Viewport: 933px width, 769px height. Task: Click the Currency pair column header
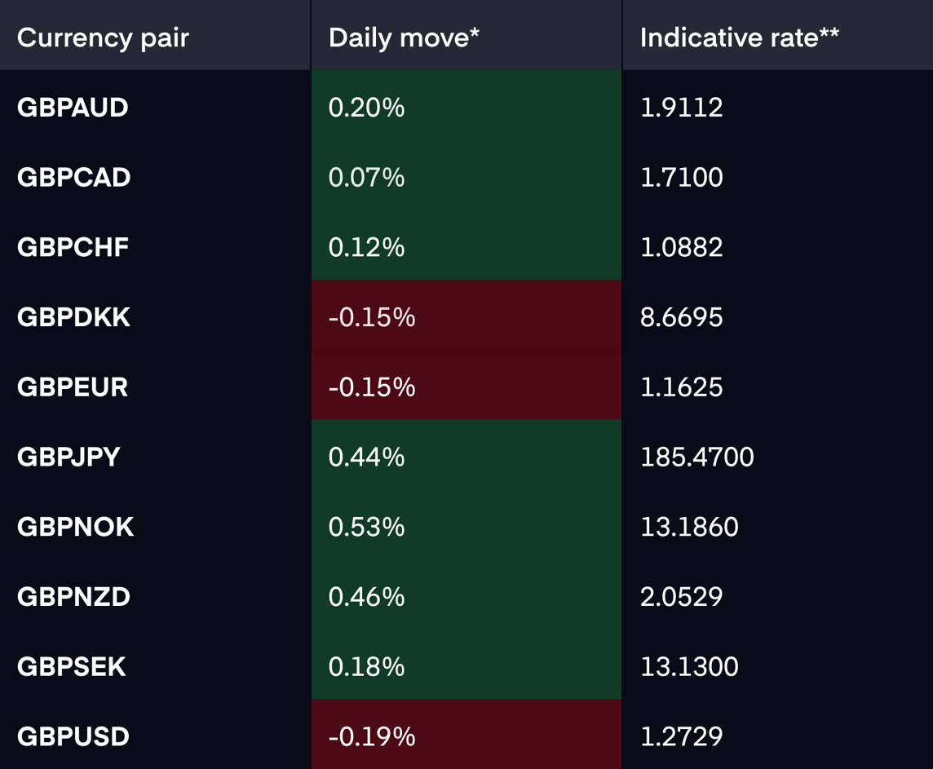click(x=103, y=38)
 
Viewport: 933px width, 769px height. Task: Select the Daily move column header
click(x=404, y=38)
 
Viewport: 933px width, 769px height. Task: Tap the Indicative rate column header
click(x=739, y=38)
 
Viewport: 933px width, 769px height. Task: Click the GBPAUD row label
click(x=73, y=108)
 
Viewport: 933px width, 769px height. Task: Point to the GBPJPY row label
click(x=69, y=457)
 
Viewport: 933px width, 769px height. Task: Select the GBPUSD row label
click(x=73, y=736)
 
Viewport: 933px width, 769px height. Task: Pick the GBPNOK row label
click(x=75, y=527)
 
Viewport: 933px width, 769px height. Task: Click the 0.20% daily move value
click(x=366, y=108)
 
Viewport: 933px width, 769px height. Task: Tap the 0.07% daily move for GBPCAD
click(x=366, y=177)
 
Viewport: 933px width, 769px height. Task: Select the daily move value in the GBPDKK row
click(x=372, y=317)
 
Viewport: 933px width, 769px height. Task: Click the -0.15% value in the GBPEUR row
click(x=372, y=387)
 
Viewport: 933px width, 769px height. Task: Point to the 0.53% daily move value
click(x=366, y=527)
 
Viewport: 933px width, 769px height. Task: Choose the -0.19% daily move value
click(x=372, y=736)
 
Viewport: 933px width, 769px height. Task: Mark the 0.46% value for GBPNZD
click(x=366, y=597)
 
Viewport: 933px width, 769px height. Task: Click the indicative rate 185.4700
click(x=696, y=457)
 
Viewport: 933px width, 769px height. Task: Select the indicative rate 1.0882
click(x=681, y=247)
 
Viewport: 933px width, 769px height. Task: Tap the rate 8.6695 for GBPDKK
click(x=681, y=317)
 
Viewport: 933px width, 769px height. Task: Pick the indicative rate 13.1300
click(x=689, y=666)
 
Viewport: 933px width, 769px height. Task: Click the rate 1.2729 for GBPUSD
click(x=681, y=736)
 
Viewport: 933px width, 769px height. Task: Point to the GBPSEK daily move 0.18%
click(x=366, y=666)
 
